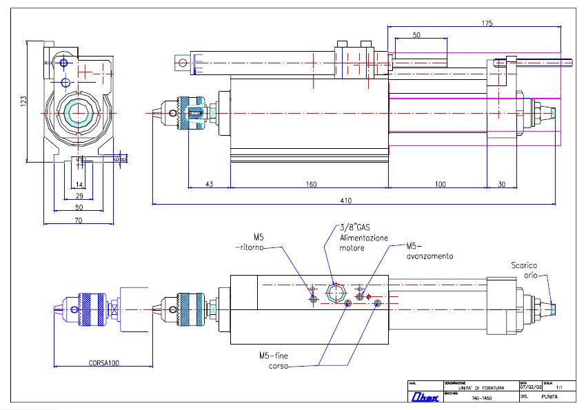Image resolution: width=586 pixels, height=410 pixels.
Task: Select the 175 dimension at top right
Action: tap(487, 23)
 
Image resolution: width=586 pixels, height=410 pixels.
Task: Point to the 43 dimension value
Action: tap(209, 184)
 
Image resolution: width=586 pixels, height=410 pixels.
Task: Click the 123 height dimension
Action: tap(23, 101)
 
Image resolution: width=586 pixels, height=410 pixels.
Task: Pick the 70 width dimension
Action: tap(79, 221)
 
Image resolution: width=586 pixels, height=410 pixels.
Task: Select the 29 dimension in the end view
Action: tap(79, 196)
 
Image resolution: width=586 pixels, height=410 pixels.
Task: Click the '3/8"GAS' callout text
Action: tap(355, 227)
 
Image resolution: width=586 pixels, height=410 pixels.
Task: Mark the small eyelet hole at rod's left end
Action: tap(182, 64)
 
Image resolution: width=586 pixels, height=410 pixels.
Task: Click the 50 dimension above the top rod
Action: tap(416, 34)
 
